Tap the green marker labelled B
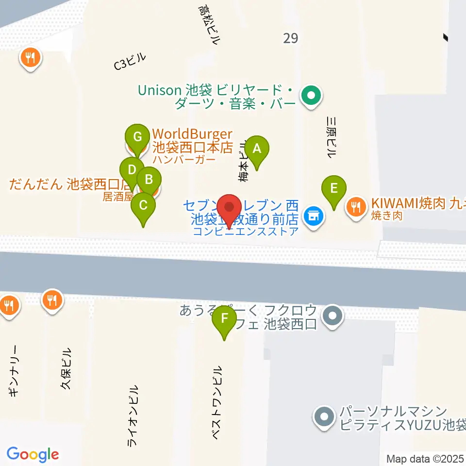[x=149, y=180]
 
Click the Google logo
[x=33, y=454]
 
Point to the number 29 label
[x=290, y=38]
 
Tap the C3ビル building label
[x=130, y=63]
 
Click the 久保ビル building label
[x=66, y=368]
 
